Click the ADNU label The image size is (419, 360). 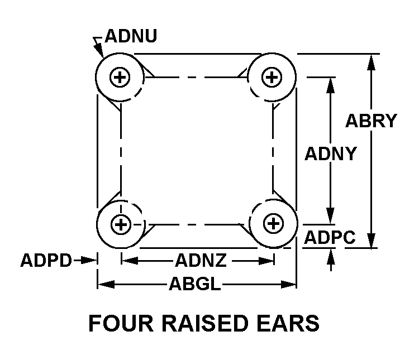(131, 36)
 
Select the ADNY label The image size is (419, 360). (330, 153)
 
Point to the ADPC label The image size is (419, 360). (330, 237)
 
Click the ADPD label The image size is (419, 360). (46, 260)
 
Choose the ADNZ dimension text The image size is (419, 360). (201, 260)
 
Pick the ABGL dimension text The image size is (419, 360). (195, 285)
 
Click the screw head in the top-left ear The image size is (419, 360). (119, 78)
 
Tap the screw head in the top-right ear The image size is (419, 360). (272, 77)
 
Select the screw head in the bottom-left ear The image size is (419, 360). (120, 225)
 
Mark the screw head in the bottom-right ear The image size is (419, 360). (273, 224)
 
